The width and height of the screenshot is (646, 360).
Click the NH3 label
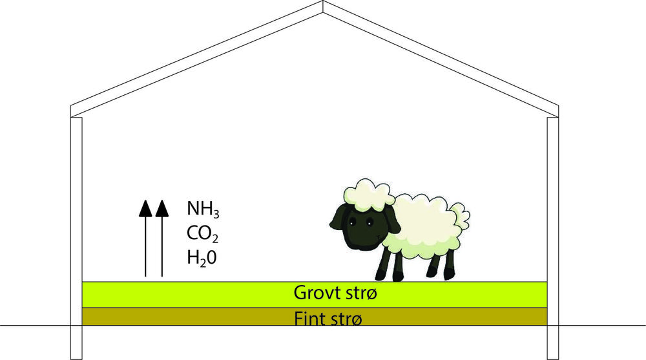pyautogui.click(x=203, y=209)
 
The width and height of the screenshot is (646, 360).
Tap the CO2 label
pyautogui.click(x=202, y=234)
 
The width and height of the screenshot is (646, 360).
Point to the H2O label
pyautogui.click(x=202, y=258)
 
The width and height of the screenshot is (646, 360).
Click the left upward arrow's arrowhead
pyautogui.click(x=145, y=208)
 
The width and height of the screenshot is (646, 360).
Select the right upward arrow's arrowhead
pyautogui.click(x=162, y=208)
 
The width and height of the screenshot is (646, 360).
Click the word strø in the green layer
pyautogui.click(x=361, y=293)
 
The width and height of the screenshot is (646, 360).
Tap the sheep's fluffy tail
pyautogui.click(x=460, y=216)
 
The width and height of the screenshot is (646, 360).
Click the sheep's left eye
pyautogui.click(x=352, y=223)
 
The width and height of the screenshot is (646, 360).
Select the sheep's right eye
pyautogui.click(x=369, y=223)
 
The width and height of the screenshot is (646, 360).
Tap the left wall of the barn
pyautogui.click(x=77, y=238)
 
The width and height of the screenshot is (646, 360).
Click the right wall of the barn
pyautogui.click(x=553, y=238)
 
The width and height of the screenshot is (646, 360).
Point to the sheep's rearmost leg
pyautogui.click(x=449, y=264)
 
